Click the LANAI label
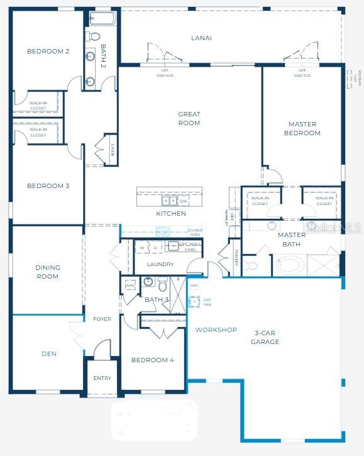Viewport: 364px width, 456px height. tap(201, 38)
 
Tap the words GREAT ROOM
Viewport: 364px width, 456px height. tap(189, 118)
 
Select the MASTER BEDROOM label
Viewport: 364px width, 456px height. tap(302, 128)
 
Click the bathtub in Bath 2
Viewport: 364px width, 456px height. tap(100, 18)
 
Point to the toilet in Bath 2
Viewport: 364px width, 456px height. tap(92, 35)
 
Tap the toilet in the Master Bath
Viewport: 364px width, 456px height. tap(251, 265)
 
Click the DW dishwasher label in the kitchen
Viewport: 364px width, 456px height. tap(183, 201)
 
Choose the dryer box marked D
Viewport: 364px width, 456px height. tap(155, 248)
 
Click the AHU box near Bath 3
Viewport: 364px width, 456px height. tap(130, 286)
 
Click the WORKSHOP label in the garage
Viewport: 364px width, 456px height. tap(216, 330)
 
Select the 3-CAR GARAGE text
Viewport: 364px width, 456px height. tap(267, 337)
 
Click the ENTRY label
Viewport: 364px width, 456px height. tap(102, 378)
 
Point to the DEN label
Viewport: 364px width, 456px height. tap(49, 353)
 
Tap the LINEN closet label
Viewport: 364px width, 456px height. tap(112, 150)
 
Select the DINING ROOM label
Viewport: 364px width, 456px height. tap(47, 272)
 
